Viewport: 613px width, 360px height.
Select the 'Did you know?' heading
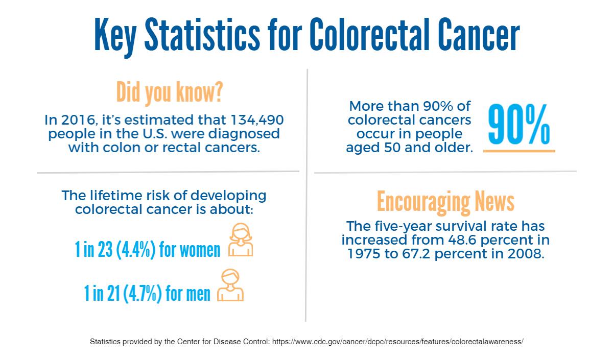(x=169, y=92)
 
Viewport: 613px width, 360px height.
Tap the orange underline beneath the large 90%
(x=519, y=151)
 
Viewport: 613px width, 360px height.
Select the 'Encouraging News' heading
(x=445, y=202)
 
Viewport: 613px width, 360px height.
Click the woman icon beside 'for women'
(x=241, y=239)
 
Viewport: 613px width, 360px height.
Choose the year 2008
(x=522, y=254)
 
